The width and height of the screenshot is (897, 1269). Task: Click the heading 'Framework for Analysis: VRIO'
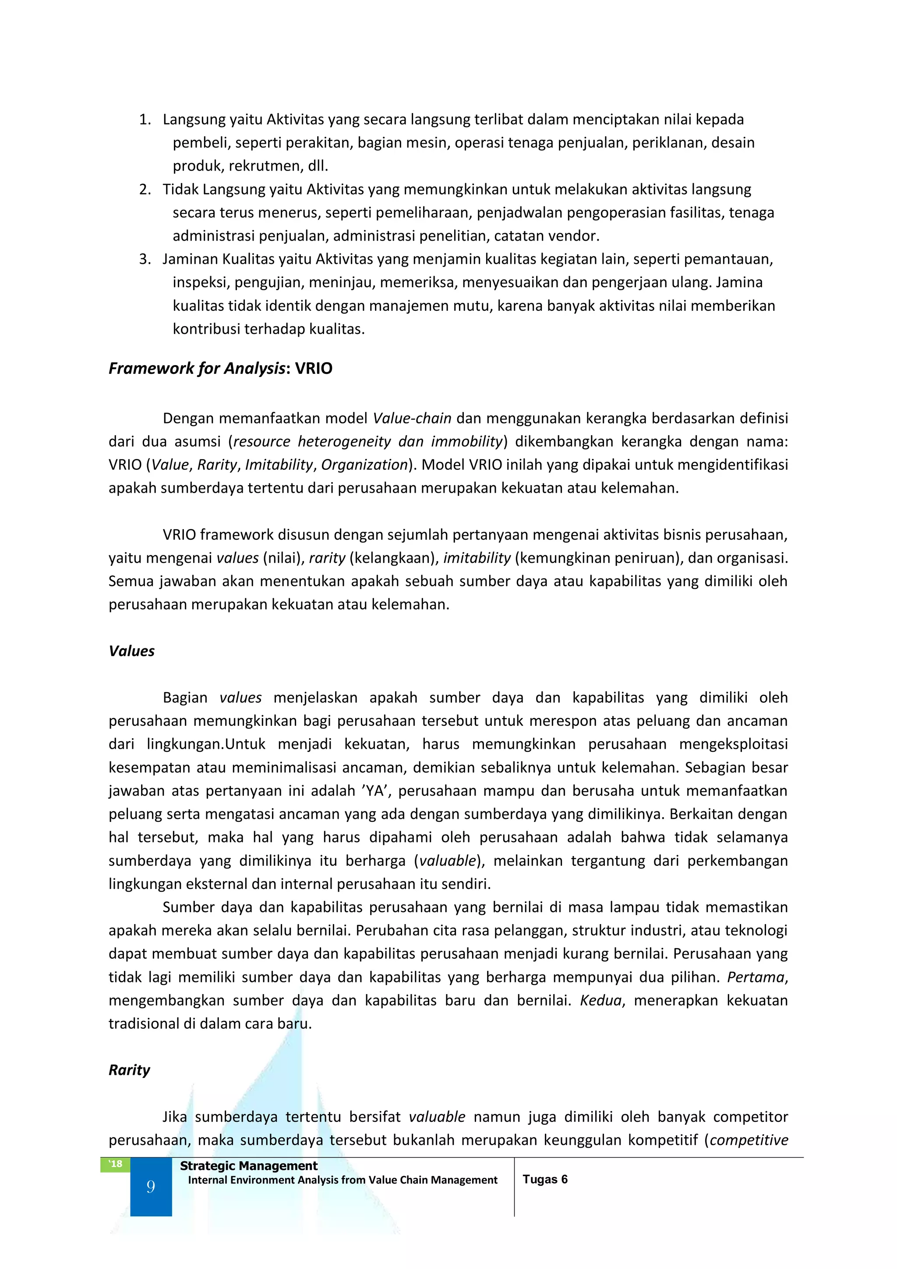pos(220,369)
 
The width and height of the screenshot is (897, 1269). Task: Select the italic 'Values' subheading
pos(131,651)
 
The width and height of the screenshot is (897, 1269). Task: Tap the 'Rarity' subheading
pos(129,1070)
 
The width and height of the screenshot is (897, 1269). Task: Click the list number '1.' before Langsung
pos(145,119)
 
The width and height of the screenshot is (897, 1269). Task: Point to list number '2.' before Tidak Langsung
pos(145,189)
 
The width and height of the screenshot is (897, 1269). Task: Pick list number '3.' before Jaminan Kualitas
pos(145,259)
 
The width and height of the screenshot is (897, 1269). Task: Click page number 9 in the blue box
pos(151,1187)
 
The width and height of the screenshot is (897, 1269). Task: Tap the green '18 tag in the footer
pos(115,1164)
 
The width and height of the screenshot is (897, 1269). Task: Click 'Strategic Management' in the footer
pos(248,1166)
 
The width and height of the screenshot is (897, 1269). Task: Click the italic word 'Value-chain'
pos(412,418)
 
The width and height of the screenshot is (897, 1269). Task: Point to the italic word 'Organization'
pos(364,465)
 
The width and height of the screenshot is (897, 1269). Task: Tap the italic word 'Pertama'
pos(756,977)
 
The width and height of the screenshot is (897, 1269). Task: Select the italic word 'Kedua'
pos(600,1000)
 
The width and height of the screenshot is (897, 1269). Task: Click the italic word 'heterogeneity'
pos(344,441)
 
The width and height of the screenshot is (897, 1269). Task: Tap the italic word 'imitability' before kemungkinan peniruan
pos(477,558)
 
